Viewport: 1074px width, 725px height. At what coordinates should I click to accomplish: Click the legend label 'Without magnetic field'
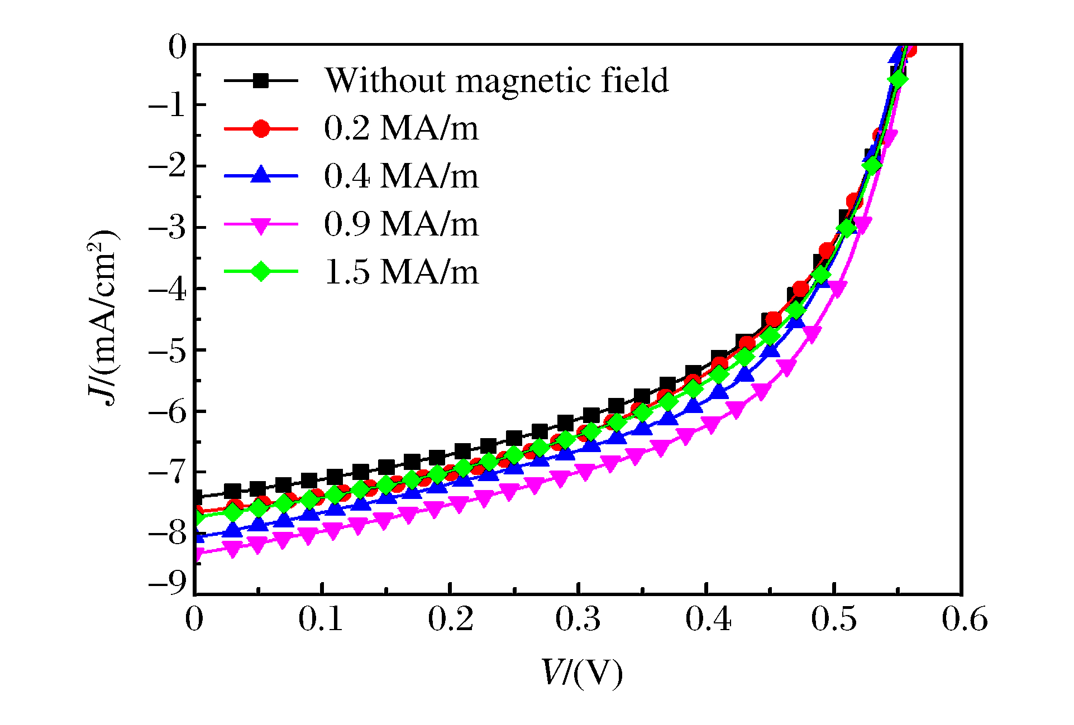tap(496, 81)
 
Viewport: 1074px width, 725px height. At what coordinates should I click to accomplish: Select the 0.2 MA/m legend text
tap(401, 129)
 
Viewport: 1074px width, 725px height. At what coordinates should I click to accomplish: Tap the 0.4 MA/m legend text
tap(401, 177)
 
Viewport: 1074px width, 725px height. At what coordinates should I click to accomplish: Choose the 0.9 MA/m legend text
tap(401, 225)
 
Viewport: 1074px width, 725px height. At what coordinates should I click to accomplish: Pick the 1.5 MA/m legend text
tap(401, 273)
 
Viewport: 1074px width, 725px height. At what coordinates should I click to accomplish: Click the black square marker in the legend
tap(260, 81)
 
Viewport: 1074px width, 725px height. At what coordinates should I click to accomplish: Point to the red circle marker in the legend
tap(260, 129)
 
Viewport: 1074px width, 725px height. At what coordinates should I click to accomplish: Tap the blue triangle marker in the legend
tap(260, 176)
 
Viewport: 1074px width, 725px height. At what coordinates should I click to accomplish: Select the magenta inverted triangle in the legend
tap(260, 225)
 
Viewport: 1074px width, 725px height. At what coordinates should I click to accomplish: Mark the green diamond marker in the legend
tap(260, 272)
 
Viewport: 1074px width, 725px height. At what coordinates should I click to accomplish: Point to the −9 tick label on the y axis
tap(167, 583)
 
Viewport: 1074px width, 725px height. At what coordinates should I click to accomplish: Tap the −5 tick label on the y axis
tap(167, 351)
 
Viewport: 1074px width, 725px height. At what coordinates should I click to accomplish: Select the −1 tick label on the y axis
tap(167, 105)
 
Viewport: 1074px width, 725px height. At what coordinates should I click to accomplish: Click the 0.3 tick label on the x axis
tap(578, 620)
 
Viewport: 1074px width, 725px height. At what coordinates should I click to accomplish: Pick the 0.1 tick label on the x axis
tap(321, 620)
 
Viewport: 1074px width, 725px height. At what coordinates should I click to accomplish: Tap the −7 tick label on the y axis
tap(167, 473)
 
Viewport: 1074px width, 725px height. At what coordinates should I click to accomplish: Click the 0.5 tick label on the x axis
tap(834, 620)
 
